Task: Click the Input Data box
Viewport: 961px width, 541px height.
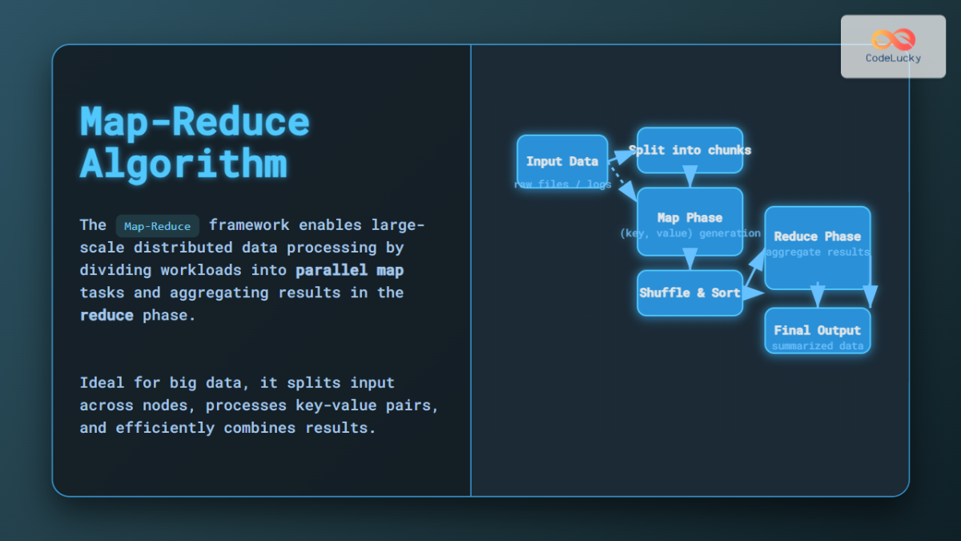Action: [x=561, y=161]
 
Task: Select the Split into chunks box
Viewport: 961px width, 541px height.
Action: [x=690, y=150]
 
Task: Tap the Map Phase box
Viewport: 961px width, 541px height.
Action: [x=690, y=217]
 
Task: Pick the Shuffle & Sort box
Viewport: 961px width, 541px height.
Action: [x=690, y=293]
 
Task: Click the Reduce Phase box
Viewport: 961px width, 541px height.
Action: [x=817, y=236]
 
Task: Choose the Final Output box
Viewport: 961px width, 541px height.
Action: [x=817, y=329]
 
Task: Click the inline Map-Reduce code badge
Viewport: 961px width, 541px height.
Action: [x=157, y=226]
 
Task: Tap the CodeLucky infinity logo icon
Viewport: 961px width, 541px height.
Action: [x=893, y=39]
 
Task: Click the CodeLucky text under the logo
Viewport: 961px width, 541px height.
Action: [x=893, y=59]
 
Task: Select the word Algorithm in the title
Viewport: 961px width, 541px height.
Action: [x=183, y=164]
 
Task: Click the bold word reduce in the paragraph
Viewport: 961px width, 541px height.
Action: [x=107, y=315]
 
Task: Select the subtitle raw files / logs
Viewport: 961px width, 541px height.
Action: [x=562, y=184]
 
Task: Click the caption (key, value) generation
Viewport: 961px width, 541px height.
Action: [x=690, y=233]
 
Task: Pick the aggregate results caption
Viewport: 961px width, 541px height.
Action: [x=817, y=252]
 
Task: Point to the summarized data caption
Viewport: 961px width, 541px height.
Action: [x=817, y=345]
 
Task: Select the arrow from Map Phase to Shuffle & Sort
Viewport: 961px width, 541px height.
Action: [x=690, y=260]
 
